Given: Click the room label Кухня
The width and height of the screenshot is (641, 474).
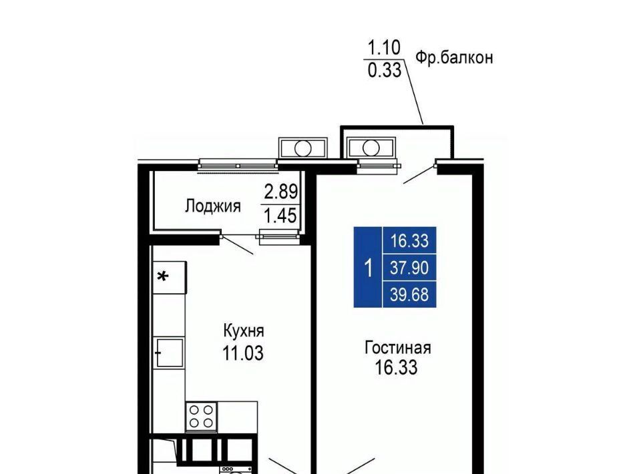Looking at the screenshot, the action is pos(244,330).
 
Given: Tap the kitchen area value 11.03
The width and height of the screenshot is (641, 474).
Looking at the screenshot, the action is pos(243,353).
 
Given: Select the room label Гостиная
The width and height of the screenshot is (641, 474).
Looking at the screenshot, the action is pos(397,348).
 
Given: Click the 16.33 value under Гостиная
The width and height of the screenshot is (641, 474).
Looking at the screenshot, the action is pos(396,367).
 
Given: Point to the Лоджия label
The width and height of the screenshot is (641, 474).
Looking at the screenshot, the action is pos(212,206).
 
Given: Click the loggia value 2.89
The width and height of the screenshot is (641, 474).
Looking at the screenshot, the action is pos(281,192).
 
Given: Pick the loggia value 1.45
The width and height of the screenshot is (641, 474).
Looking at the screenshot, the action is pos(280,216).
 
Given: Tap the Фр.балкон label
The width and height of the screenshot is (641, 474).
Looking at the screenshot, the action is pos(454,57).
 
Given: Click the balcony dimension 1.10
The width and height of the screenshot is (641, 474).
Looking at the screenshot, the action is pos(384,47).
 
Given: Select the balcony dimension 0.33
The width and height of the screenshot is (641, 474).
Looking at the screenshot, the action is pos(385,70).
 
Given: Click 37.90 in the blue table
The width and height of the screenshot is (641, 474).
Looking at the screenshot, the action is pos(409,268).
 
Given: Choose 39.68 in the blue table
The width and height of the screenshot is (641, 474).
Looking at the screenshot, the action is pos(409,294).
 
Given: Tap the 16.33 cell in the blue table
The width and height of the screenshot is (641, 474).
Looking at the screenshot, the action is pos(409,241).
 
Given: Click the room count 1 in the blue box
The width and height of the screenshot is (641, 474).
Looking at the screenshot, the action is pos(369,268).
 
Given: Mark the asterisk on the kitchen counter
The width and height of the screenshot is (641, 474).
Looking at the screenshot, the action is pos(163,276).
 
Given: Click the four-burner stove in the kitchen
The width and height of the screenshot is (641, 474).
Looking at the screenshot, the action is pos(201,417).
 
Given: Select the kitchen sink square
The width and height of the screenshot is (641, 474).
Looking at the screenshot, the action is pos(169,352).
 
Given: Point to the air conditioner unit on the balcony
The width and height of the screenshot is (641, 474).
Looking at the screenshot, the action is pos(371,148).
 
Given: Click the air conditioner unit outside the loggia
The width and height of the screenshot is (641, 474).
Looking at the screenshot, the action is pos(303,148).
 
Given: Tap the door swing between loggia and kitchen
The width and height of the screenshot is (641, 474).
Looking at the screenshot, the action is pos(237,245).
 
